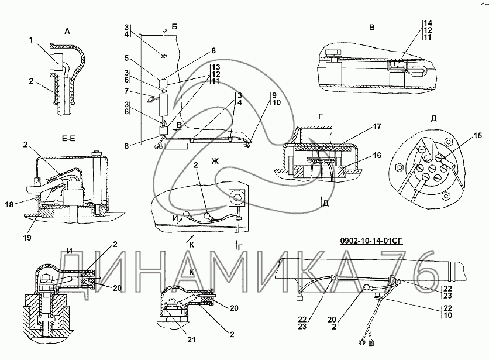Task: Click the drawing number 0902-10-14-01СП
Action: coord(371,241)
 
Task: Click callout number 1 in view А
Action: coord(31,40)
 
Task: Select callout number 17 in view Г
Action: coord(377,126)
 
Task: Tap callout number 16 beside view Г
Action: coord(377,155)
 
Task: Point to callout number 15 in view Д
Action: coord(477,135)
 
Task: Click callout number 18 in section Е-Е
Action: coord(9,204)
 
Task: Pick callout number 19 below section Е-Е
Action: coord(27,238)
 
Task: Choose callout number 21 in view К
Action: coord(191,340)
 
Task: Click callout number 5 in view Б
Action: coord(126,58)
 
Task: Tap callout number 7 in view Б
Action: coord(126,91)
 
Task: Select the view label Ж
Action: coord(215,161)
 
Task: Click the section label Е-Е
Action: coord(68,138)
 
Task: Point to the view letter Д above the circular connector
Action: coord(433,119)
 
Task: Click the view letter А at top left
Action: coord(67,31)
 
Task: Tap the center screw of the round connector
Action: coord(432,169)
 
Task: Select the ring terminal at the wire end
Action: coord(362,342)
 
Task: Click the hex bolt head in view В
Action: coord(332,53)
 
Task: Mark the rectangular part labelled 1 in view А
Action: coord(57,63)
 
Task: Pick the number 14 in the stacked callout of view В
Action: coord(428,23)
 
